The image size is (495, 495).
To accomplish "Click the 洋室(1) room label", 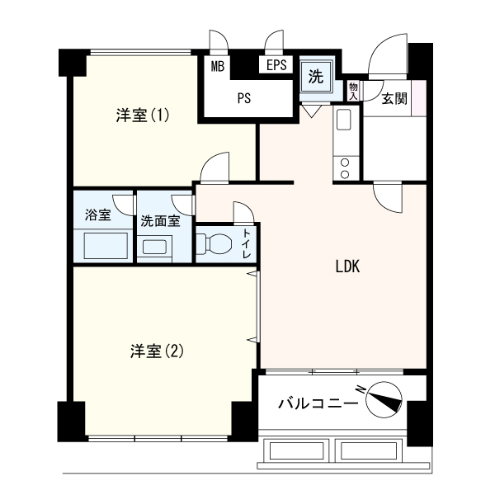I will (143, 116).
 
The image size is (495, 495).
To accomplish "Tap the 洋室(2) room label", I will (156, 351).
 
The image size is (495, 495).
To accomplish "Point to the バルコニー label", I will (318, 403).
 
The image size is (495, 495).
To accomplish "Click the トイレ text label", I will (247, 244).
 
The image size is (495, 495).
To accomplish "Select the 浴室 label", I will (97, 216).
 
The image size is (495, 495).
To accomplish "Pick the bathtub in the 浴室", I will (104, 246).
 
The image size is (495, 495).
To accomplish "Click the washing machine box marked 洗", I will (316, 78).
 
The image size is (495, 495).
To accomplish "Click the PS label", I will (243, 98).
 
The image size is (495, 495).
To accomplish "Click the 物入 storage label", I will (353, 90).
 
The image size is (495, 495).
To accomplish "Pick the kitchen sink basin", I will (344, 120).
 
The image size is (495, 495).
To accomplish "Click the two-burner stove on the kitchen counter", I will (344, 168).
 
